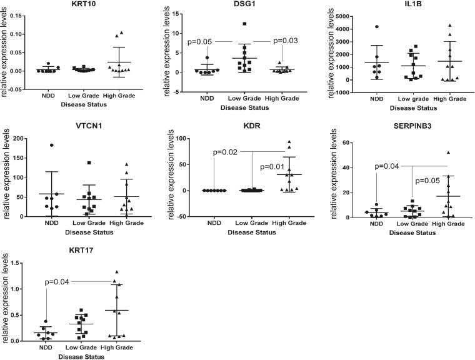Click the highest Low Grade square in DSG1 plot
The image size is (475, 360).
pos(245,24)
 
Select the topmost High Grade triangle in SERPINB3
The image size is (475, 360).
pos(448,152)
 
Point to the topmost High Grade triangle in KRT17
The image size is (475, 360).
pos(116,272)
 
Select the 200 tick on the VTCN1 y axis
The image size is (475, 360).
pos(22,138)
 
